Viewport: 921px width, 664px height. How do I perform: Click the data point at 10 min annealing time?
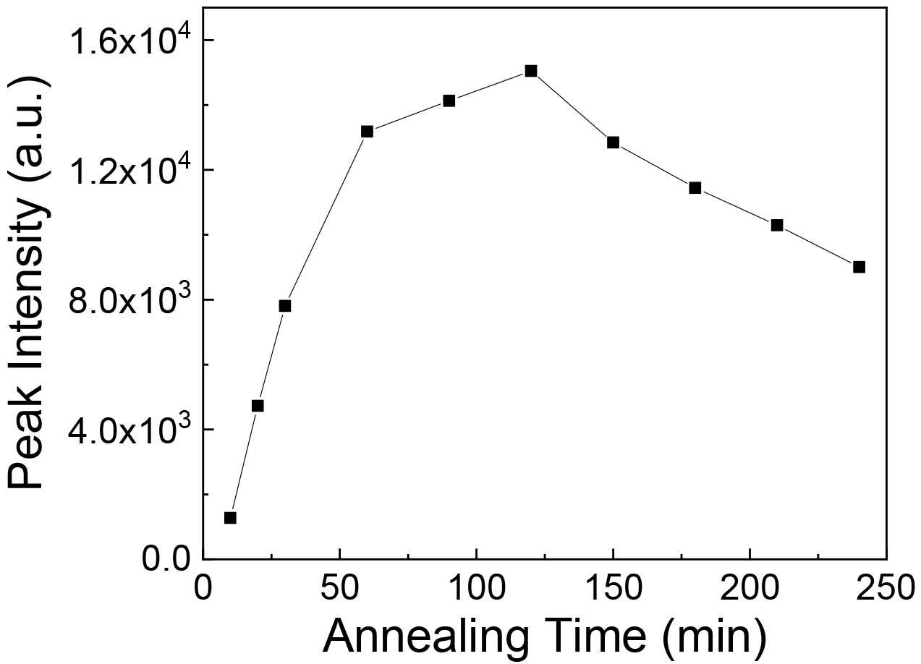tap(230, 517)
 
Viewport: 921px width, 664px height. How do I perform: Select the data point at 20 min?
tap(258, 406)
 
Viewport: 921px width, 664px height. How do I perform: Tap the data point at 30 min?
tap(285, 305)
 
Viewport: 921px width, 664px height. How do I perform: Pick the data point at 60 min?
tap(367, 132)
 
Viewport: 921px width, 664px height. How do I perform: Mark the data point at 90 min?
tap(449, 101)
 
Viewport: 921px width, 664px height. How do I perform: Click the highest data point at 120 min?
tap(531, 71)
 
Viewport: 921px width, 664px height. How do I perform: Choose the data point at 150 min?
tap(614, 142)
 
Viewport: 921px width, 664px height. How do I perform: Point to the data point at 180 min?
tap(695, 188)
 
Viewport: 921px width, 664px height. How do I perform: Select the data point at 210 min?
tap(777, 225)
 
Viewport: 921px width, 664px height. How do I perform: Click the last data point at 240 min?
tap(860, 267)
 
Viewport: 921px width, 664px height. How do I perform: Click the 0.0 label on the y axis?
tap(166, 559)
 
